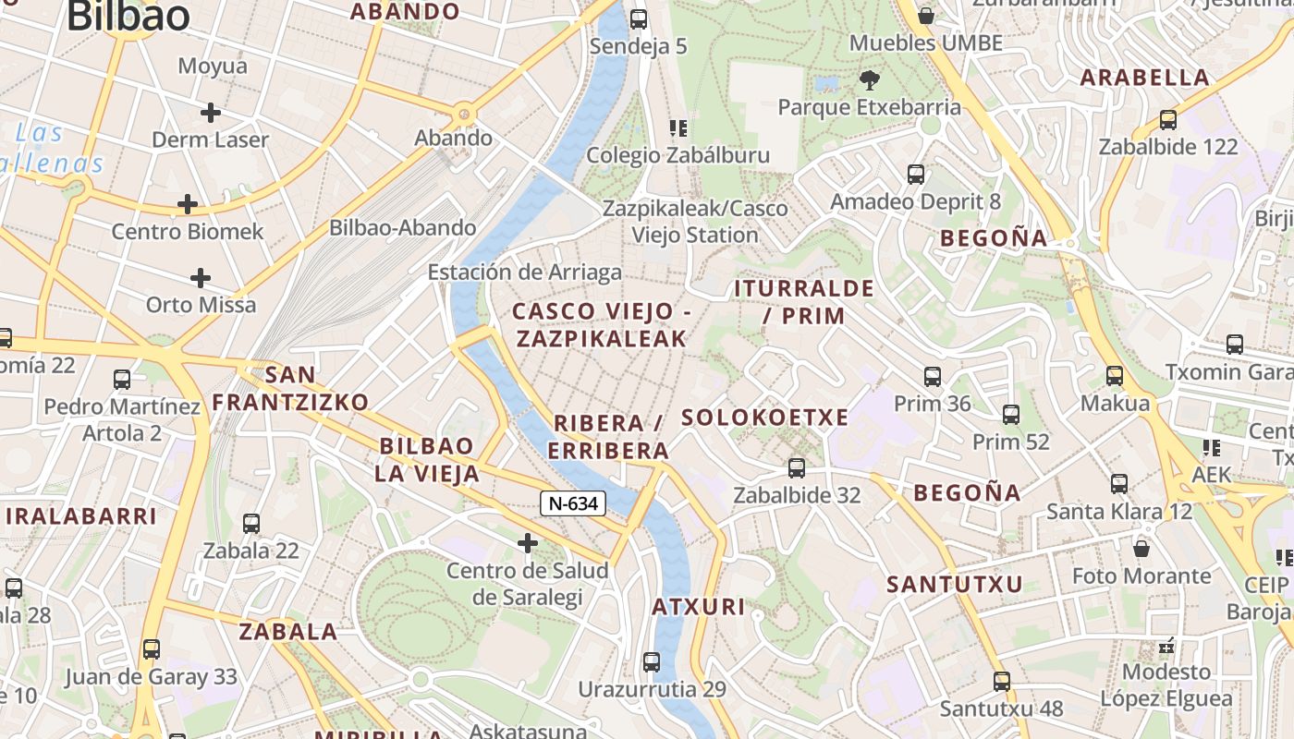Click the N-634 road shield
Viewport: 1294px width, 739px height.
click(573, 503)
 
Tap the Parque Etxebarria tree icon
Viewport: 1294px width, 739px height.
click(869, 80)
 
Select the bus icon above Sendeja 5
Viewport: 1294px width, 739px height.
click(638, 18)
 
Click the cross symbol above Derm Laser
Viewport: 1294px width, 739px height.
click(211, 113)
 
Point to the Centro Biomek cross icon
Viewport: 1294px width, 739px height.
click(188, 203)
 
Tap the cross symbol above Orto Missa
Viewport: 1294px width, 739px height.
click(201, 277)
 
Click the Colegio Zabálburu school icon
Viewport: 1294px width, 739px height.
click(678, 127)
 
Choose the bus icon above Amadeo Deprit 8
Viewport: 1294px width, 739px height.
click(916, 174)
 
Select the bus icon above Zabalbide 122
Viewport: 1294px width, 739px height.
click(1168, 119)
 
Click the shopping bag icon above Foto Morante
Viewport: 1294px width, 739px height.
click(1141, 548)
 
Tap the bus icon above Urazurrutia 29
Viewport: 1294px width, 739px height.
click(652, 661)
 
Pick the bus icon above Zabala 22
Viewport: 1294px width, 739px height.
click(251, 523)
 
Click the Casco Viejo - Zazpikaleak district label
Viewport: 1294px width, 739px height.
click(602, 324)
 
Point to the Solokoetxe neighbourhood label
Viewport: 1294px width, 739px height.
click(764, 418)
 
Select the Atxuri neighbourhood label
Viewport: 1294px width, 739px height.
click(699, 607)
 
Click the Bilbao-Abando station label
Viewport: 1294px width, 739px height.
click(403, 227)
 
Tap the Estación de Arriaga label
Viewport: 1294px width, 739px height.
click(524, 273)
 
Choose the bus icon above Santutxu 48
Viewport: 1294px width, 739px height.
click(1002, 682)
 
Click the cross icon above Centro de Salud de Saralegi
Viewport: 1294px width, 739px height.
click(528, 542)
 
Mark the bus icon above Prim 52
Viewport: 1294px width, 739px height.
click(1011, 415)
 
